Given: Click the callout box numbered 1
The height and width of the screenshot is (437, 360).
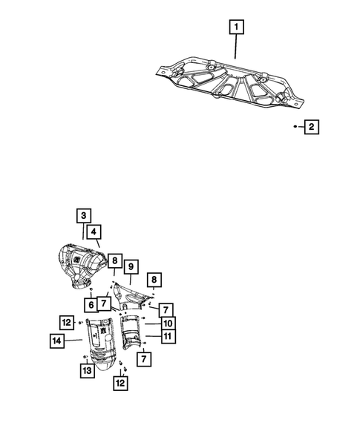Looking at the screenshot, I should pos(236,28).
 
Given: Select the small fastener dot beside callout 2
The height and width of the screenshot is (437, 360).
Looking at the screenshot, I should pos(295,128).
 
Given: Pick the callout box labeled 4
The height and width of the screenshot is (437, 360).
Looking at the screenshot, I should pos(94,232).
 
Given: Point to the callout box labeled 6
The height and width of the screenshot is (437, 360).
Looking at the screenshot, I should pos(90,304).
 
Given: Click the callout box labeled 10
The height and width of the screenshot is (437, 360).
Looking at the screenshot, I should pos(168,323).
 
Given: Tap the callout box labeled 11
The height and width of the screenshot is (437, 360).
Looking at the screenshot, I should pos(168,337).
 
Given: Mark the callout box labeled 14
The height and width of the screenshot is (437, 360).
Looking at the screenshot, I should pos(56,341).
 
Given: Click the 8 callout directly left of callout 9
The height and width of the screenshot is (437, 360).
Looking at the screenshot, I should pos(114,260).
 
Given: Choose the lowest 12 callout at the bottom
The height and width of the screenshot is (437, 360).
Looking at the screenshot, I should pos(119,383).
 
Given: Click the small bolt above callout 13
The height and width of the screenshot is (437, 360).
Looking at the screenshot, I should pos(87,357).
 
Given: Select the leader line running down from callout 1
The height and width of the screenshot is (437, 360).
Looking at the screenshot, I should pos(236,48).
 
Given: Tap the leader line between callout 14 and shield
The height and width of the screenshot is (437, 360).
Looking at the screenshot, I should pos(73,341).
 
